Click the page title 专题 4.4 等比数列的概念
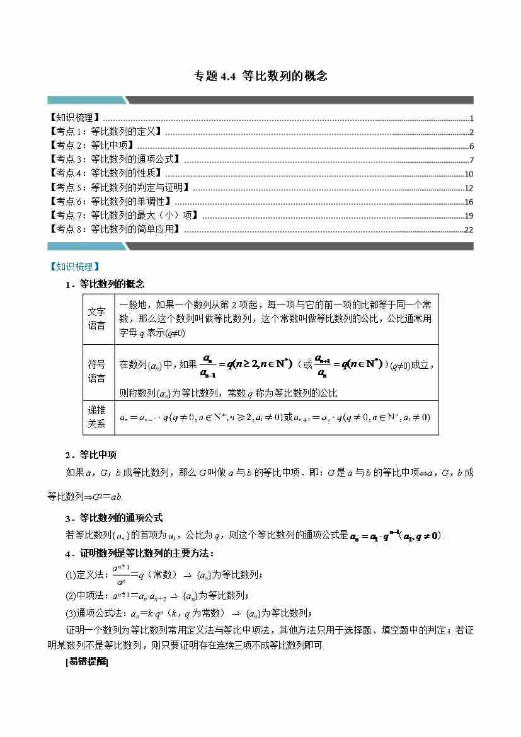pos(260,76)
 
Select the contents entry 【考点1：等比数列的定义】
pos(105,132)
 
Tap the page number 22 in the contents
pos(468,229)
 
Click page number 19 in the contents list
pos(468,216)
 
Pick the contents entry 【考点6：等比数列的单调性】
pos(110,202)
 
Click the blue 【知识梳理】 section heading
pos(74,267)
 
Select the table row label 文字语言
pos(97,318)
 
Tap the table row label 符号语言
pos(97,371)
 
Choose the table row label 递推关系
pos(97,417)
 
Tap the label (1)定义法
pos(88,574)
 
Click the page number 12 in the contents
pos(468,188)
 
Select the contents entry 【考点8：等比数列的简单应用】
pos(115,229)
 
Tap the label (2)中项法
pos(88,595)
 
